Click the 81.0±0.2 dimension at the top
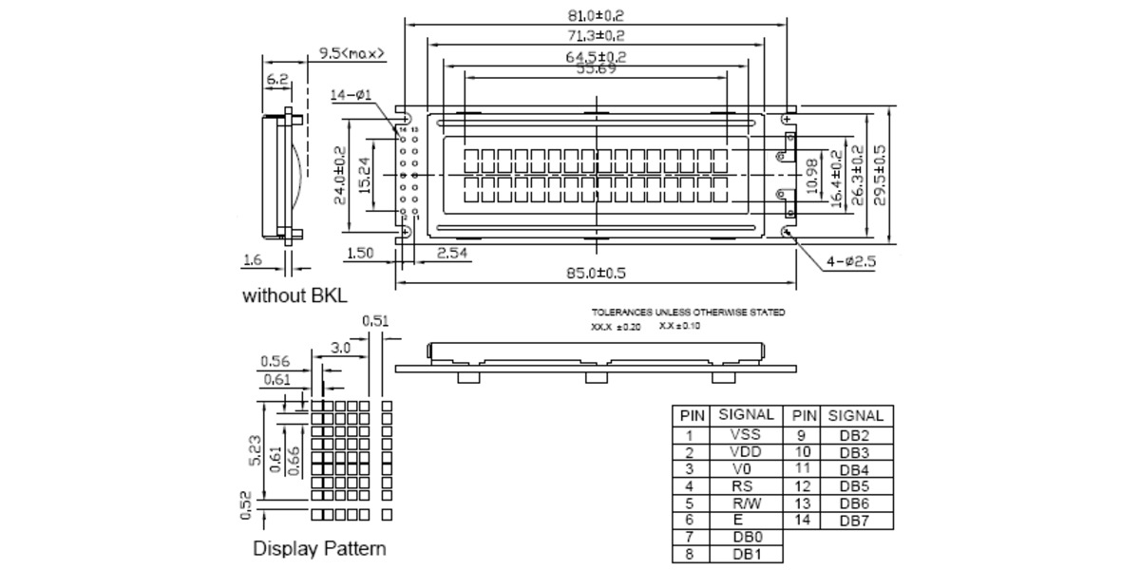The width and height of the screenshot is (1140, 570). point(595,15)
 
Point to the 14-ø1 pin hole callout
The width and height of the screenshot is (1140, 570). point(352,95)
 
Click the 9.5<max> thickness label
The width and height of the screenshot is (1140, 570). point(352,53)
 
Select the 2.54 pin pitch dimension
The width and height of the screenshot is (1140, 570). point(453,253)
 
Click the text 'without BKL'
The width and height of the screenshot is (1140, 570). point(294,295)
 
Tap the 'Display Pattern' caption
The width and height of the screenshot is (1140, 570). point(319,549)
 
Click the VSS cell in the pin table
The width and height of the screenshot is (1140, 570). point(745,434)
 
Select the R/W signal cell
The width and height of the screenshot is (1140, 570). point(745,503)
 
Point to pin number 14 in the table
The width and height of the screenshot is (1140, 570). point(802,520)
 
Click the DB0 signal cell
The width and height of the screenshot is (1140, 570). point(745,537)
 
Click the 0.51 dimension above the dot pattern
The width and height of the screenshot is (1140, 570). point(376,321)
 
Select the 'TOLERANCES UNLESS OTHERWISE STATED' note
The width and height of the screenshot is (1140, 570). point(688,313)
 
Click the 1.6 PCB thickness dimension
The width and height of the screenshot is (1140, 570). point(252,258)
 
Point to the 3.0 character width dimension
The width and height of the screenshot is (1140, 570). point(340,349)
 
